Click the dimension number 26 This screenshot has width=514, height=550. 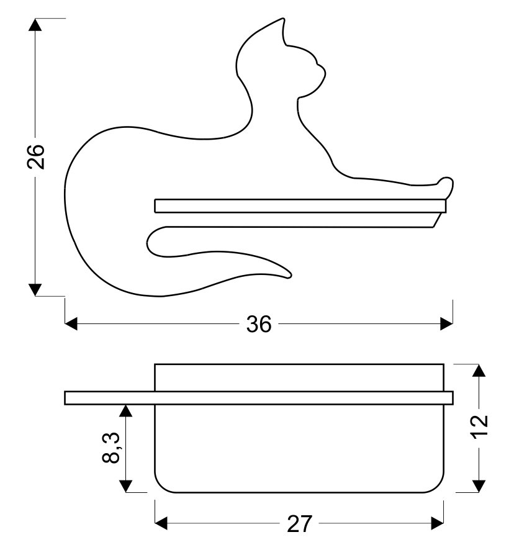pos(36,157)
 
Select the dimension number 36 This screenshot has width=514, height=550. pos(259,324)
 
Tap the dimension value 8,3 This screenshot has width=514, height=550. pos(111,448)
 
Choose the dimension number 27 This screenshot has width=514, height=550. pos(299,524)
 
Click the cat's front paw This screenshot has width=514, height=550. pos(445,184)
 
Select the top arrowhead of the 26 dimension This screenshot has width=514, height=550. pos(35,25)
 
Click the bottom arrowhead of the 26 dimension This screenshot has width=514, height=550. pos(35,290)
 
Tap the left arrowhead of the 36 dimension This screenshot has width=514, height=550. pos(71,324)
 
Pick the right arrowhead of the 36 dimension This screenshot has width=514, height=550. pos(446,324)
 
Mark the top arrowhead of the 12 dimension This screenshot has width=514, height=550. pos(479,371)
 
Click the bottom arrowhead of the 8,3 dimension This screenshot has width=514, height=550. pos(125,486)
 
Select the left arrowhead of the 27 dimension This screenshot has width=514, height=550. pos(161,524)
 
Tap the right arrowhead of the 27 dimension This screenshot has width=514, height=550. pos(438,524)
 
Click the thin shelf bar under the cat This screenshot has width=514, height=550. pos(300,206)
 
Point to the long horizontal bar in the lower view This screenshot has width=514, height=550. pos(259,398)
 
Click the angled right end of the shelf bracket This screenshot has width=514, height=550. pos(437,220)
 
